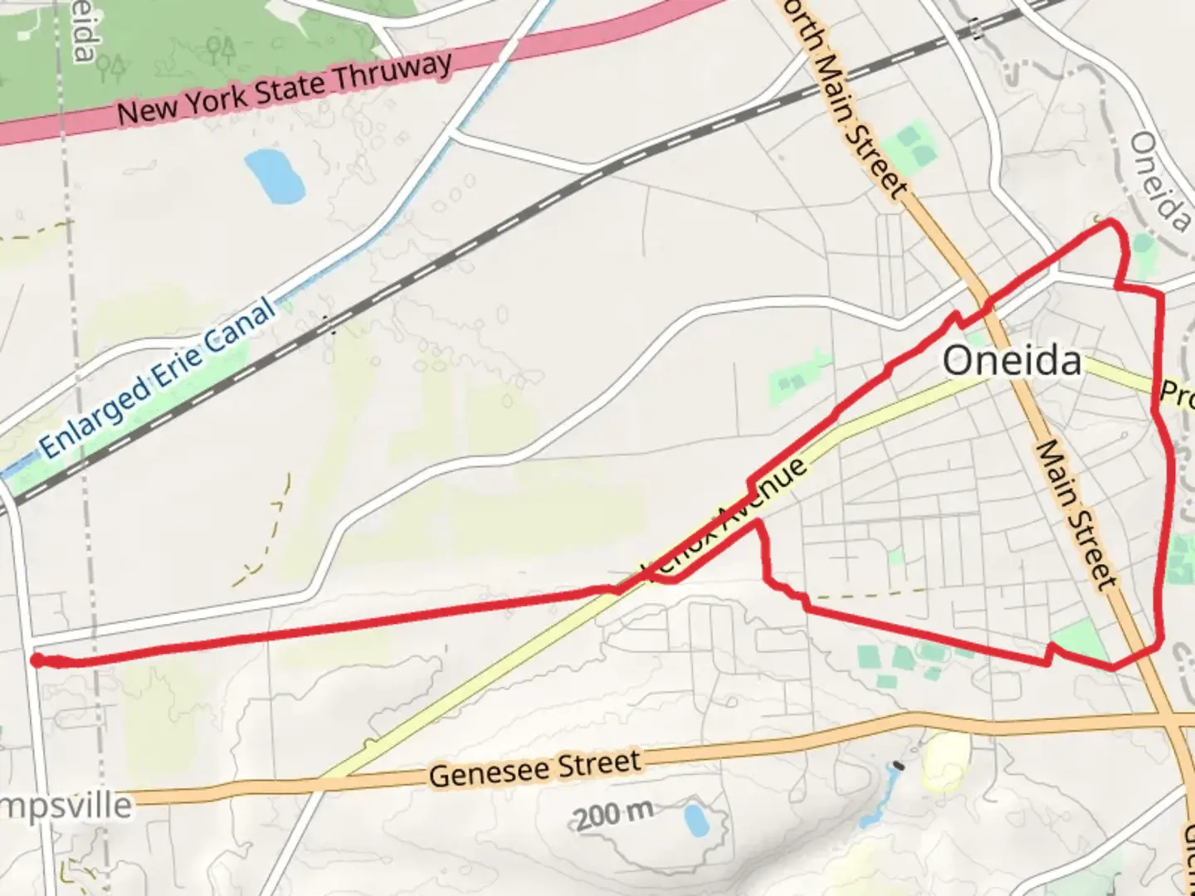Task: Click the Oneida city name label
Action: [1012, 362]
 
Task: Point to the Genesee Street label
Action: [534, 768]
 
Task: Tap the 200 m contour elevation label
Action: [614, 816]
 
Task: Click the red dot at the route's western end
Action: [37, 660]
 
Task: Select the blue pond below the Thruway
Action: [274, 175]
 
